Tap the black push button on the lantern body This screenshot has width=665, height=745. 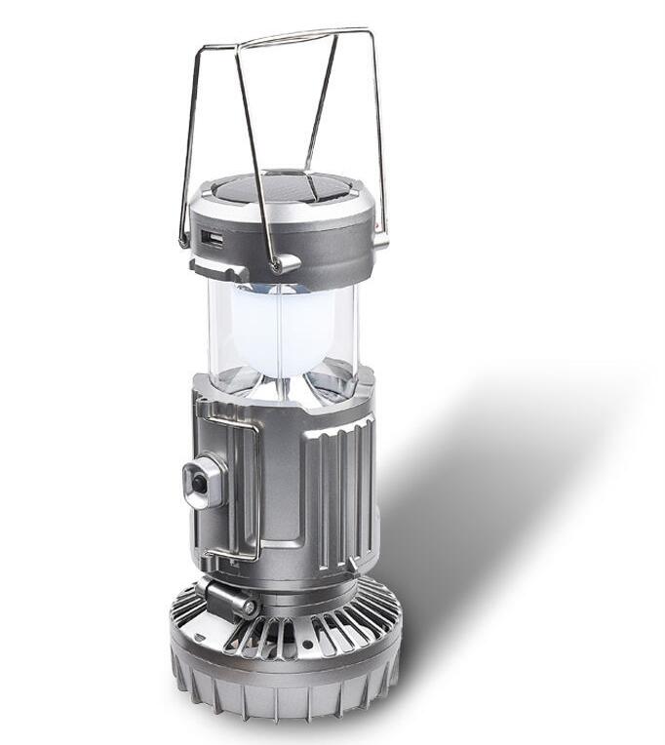(x=199, y=483)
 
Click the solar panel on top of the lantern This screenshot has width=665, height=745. (x=283, y=186)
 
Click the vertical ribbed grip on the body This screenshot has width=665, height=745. (x=336, y=488)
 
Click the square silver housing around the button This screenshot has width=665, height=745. (x=205, y=483)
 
